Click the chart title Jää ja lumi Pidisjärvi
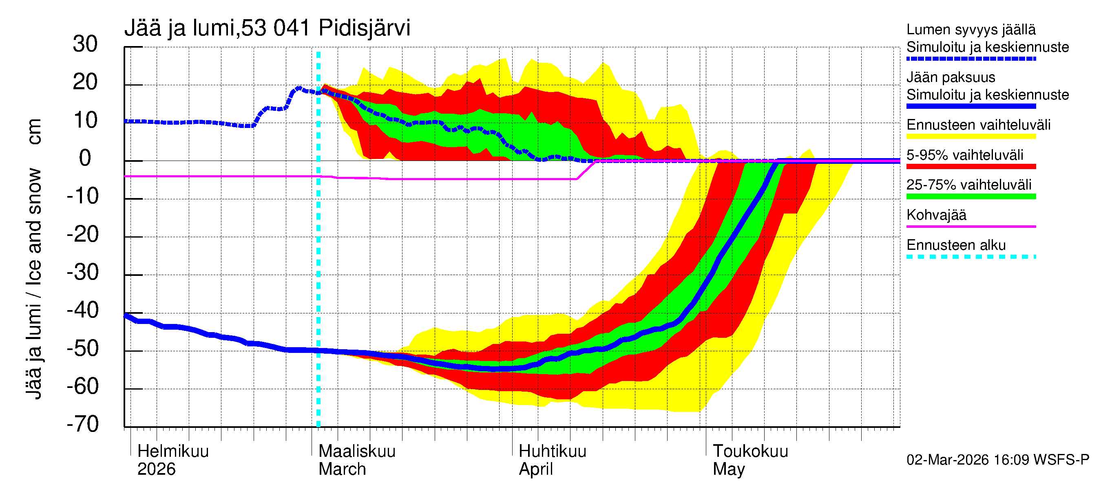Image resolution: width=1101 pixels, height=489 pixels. coord(267,28)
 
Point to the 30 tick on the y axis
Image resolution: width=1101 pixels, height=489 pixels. coord(85,44)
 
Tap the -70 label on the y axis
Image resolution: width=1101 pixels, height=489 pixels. coord(83,424)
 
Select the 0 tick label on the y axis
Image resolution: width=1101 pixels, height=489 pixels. coord(85,158)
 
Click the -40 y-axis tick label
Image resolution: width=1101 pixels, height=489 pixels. coord(83,310)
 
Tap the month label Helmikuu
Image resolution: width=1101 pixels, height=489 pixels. coord(173,452)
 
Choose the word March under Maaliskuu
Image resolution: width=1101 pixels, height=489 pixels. coord(342,469)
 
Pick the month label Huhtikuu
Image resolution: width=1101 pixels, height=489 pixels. coord(552,452)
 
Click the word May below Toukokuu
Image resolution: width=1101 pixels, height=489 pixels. coord(729,469)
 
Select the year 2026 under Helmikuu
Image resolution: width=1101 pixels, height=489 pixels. coord(157,469)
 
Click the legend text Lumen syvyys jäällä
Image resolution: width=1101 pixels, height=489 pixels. coord(971,29)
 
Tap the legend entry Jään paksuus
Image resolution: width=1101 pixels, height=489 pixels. coord(951,77)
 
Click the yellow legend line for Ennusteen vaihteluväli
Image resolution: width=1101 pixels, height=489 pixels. coord(971,137)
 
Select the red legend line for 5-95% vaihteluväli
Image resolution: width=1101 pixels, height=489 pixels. coord(971,167)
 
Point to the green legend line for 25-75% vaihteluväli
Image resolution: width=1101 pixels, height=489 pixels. coord(971,196)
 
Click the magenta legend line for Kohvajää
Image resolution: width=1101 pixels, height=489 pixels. coord(971,226)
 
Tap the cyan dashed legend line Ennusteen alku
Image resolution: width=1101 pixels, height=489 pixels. coord(971,257)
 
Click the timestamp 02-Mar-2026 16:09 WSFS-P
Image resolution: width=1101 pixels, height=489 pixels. coord(997,460)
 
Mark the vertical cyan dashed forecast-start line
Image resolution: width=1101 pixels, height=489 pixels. coord(318,256)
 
